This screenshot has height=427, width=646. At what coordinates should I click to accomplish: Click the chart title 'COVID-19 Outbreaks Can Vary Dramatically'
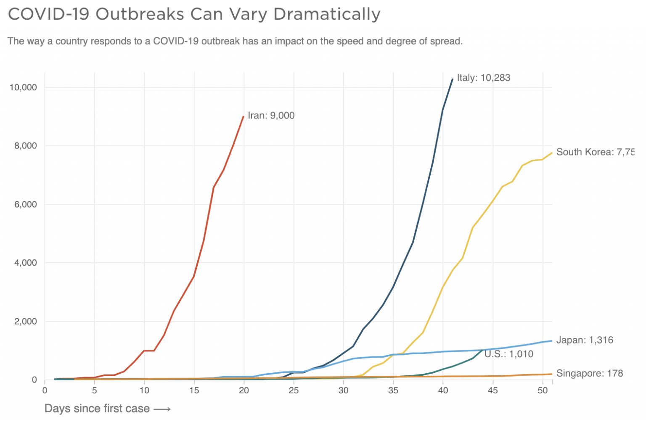click(194, 14)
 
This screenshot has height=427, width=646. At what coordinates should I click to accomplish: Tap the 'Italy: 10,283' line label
click(483, 78)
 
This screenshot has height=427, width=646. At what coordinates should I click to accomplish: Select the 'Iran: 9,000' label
click(271, 116)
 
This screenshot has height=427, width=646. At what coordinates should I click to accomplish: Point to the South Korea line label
click(595, 152)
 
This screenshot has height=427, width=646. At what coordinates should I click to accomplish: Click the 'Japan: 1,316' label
click(585, 340)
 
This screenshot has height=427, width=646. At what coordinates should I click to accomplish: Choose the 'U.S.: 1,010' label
click(508, 354)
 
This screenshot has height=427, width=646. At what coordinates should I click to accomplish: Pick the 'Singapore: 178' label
click(589, 373)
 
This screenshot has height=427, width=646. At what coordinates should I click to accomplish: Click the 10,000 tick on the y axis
click(23, 87)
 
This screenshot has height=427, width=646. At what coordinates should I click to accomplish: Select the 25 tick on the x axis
click(294, 390)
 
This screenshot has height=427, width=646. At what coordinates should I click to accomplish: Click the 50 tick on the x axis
click(543, 390)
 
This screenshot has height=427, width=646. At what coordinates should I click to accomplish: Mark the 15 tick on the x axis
click(194, 390)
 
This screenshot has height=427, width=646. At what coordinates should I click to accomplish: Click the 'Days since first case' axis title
click(97, 409)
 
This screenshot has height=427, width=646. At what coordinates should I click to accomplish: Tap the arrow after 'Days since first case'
click(162, 409)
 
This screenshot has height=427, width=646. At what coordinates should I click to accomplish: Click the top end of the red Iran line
click(244, 116)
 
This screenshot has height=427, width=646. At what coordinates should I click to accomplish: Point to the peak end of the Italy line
click(453, 79)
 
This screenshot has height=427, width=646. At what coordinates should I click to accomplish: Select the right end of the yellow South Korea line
click(552, 153)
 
